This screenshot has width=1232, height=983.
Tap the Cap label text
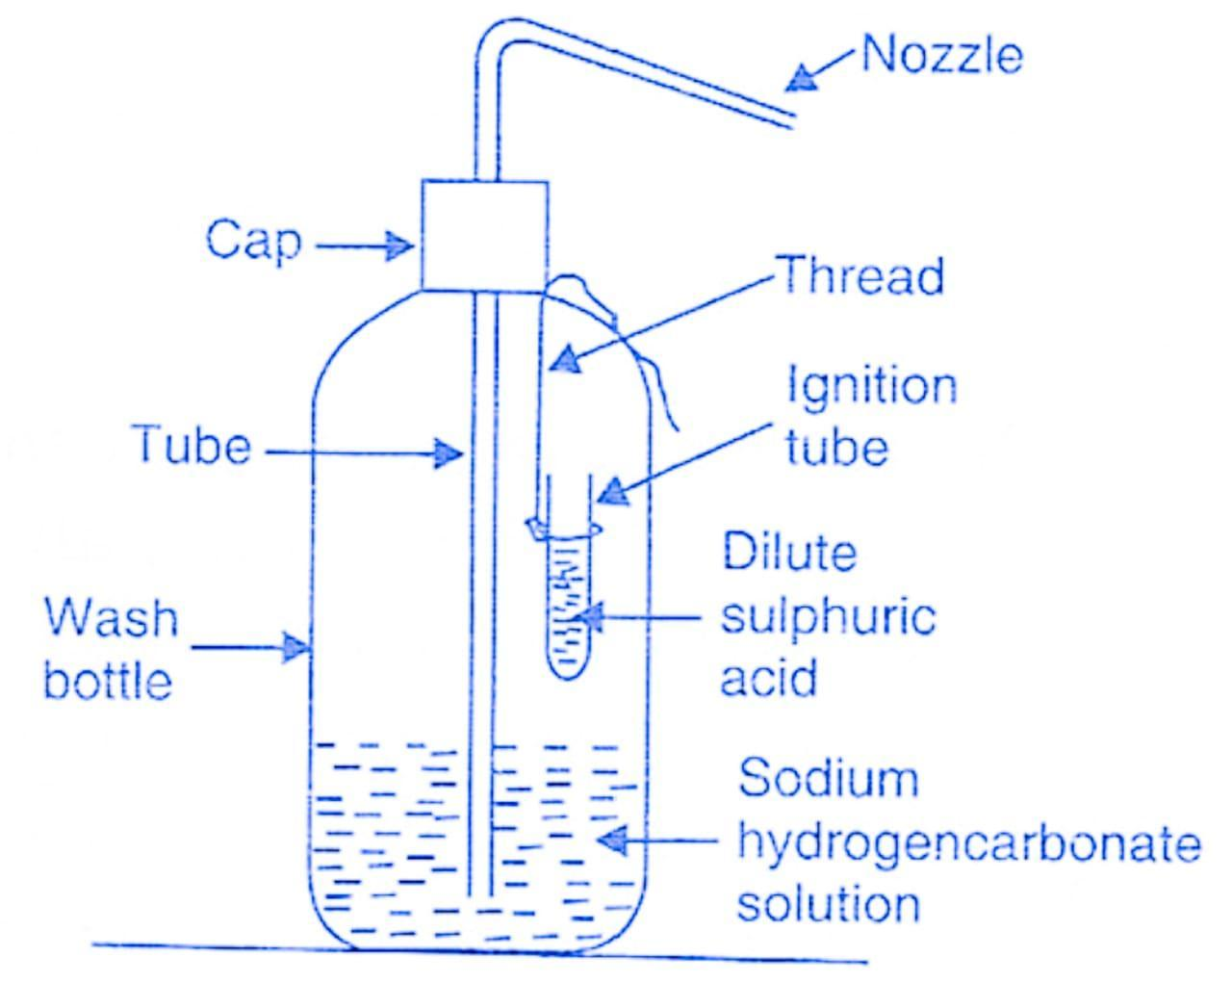tap(252, 240)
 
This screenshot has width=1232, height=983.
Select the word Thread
tap(860, 275)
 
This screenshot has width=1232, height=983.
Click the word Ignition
tap(872, 387)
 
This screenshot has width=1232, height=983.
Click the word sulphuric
tap(828, 616)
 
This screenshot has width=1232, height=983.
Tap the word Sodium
tap(828, 778)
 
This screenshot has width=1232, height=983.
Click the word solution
tap(828, 905)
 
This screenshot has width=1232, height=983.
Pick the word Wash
tap(112, 618)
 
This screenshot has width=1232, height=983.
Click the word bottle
tap(108, 681)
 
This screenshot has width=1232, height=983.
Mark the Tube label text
tap(192, 447)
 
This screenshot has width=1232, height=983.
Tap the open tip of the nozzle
tap(792, 120)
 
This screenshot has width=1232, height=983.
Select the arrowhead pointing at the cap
tap(400, 246)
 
